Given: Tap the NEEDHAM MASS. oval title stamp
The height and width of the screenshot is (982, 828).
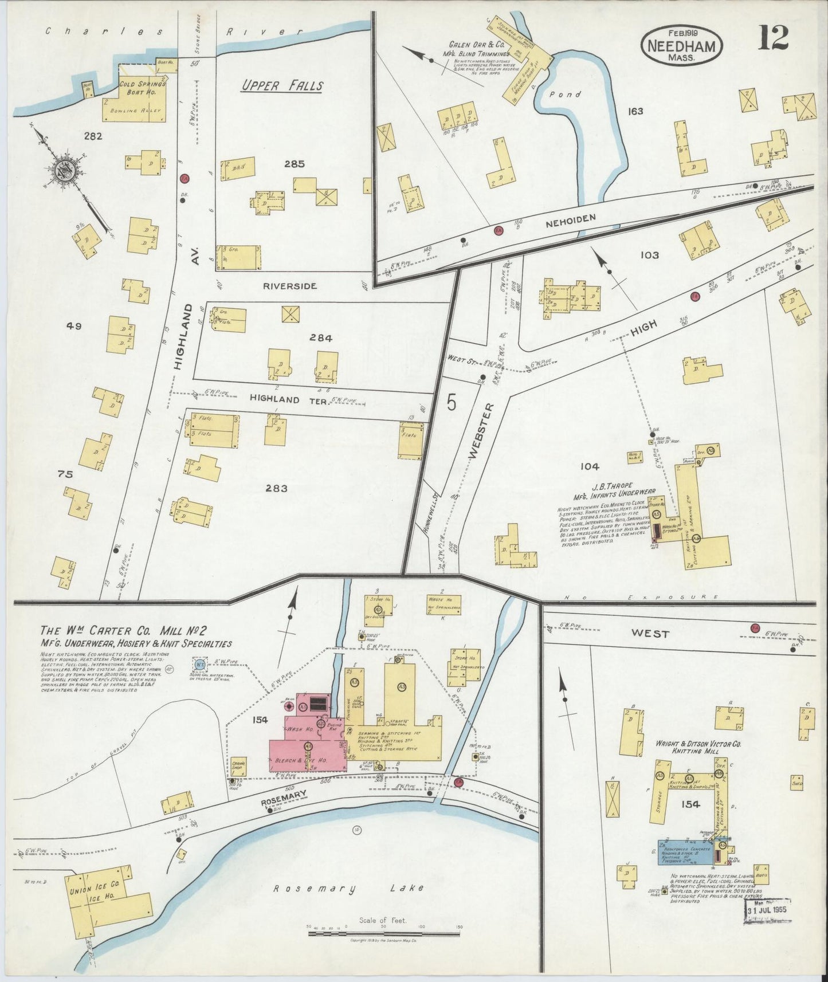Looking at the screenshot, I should (681, 46).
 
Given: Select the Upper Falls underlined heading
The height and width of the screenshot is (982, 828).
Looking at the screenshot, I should (281, 87).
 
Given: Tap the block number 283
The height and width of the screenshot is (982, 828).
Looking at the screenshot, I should (276, 489).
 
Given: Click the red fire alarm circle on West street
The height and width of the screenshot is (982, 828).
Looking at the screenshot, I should (755, 628).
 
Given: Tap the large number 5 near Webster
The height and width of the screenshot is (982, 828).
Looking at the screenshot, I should (452, 403).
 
